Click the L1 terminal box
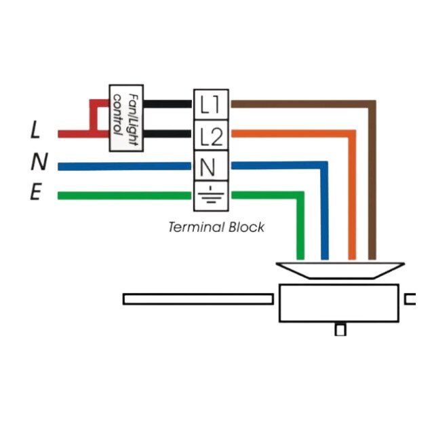pos(211,104)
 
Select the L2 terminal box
pos(211,137)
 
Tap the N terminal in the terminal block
pos(211,166)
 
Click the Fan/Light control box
pos(125,119)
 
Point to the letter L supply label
pos(35,130)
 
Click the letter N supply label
pos(39,162)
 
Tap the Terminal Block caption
pos(216,227)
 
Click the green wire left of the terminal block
pos(122,196)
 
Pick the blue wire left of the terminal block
pos(122,165)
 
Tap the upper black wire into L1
pos(167,104)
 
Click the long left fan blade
pos(200,299)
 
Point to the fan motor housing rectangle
pos(338,303)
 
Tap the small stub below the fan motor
pos(340,330)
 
